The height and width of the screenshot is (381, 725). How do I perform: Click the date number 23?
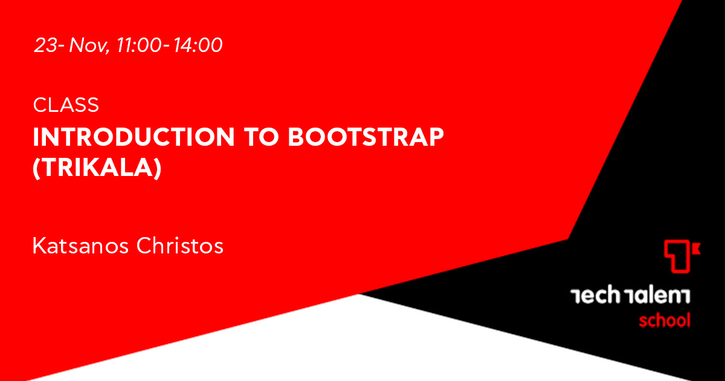45,45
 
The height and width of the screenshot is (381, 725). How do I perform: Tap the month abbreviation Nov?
88,45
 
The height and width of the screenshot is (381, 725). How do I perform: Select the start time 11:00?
139,45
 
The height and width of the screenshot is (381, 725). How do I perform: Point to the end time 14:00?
198,45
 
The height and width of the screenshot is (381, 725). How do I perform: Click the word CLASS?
66,105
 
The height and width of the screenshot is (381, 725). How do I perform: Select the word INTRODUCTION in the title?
134,137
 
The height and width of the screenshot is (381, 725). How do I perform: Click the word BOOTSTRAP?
366,137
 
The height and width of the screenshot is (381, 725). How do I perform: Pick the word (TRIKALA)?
97,168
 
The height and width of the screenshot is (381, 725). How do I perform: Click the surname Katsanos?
80,246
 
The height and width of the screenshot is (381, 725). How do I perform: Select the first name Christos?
180,246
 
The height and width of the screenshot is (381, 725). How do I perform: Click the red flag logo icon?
681,256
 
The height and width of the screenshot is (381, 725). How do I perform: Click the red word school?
665,320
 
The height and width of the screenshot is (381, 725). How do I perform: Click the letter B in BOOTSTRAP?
297,137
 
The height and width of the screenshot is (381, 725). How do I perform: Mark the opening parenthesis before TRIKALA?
36,168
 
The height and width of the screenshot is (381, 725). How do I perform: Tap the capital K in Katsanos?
40,246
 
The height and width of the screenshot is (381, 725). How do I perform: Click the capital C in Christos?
144,246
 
